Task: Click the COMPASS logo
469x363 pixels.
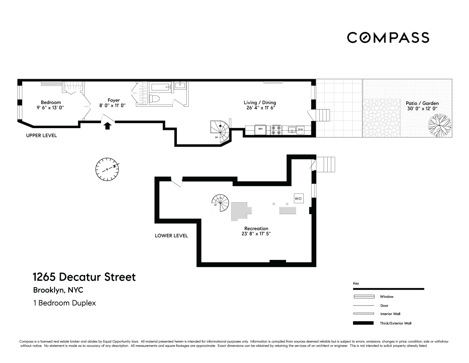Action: click(388, 37)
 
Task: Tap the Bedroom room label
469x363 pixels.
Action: click(51, 102)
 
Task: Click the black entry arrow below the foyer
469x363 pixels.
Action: click(107, 126)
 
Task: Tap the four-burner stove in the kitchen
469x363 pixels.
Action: click(276, 130)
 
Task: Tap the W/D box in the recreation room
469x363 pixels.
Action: click(298, 199)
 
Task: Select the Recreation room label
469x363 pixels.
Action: click(256, 229)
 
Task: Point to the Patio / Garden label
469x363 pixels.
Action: click(422, 103)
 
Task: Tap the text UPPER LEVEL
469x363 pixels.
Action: click(41, 136)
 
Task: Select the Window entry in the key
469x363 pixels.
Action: click(386, 297)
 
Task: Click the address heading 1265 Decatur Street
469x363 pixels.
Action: click(84, 277)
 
